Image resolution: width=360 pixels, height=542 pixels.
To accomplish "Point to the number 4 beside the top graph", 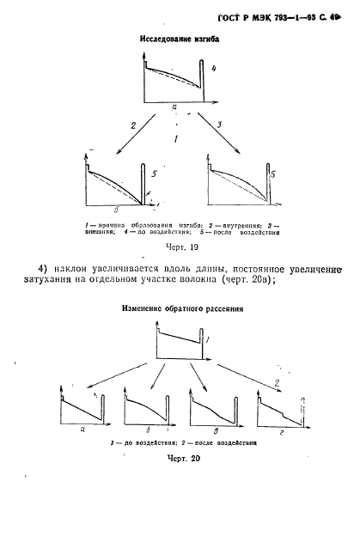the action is pos(214,68).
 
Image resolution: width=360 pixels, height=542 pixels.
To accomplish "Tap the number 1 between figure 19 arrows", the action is pos(176,137).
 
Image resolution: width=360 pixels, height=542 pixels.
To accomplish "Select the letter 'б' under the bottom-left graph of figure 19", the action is pos(116,209).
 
